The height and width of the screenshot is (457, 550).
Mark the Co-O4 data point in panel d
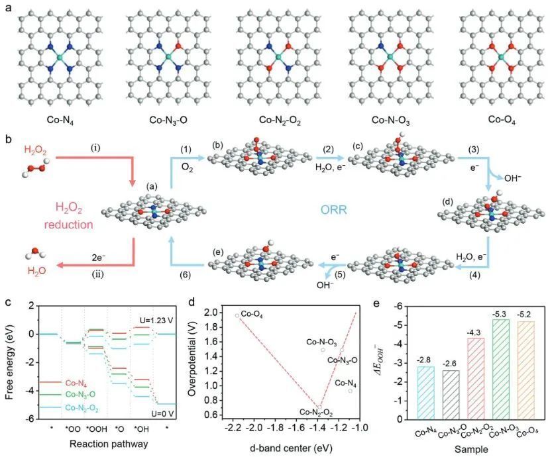(x=237, y=315)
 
